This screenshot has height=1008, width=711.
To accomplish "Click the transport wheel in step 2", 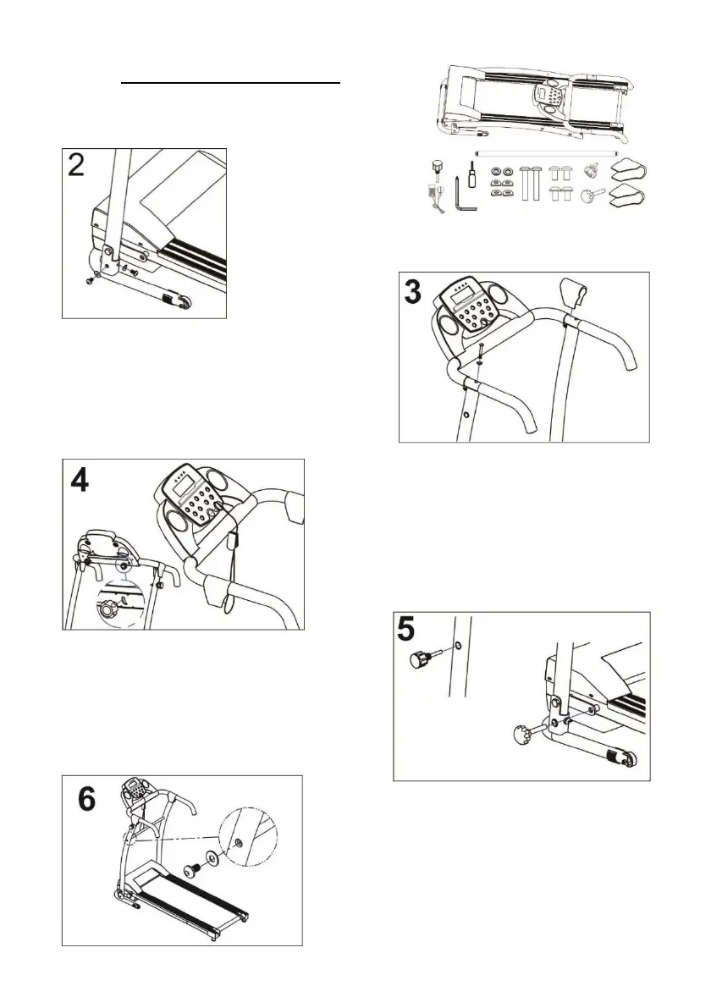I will (x=179, y=300).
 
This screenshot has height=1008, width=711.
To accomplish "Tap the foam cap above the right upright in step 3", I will (x=574, y=295).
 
